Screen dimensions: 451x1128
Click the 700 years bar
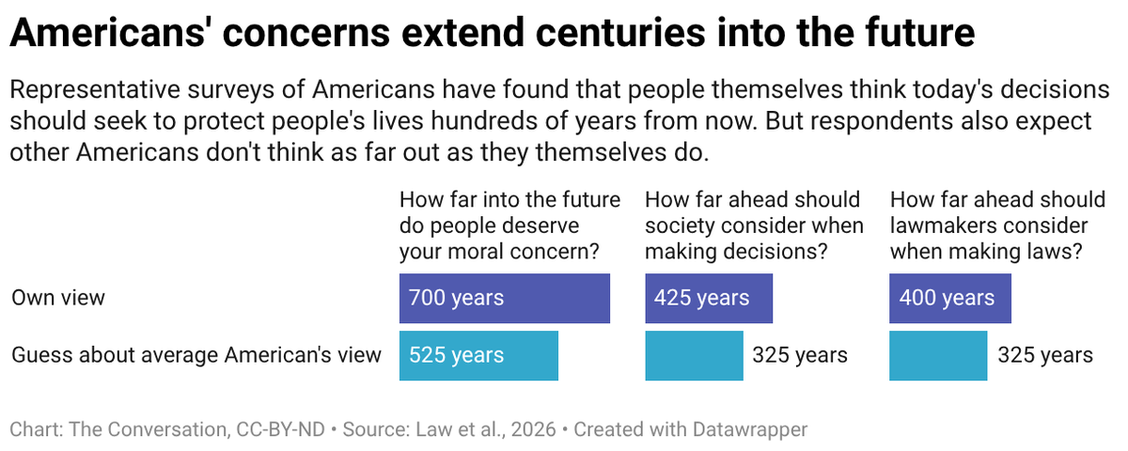[x=505, y=299]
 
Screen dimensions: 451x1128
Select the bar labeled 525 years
[x=478, y=355]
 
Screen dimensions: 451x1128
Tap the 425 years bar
[x=709, y=299]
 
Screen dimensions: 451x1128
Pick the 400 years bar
[x=950, y=299]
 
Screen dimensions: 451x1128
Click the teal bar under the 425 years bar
[x=694, y=355]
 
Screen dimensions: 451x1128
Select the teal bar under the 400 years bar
[x=938, y=355]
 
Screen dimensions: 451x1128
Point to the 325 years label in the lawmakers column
[x=1045, y=355]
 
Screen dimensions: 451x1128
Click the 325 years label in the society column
[x=800, y=355]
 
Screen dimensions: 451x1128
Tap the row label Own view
[x=58, y=299]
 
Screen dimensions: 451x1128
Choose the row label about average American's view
[x=196, y=355]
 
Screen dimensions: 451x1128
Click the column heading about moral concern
[x=510, y=225]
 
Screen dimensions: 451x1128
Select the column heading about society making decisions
[x=754, y=225]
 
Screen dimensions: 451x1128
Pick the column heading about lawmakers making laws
[x=997, y=225]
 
